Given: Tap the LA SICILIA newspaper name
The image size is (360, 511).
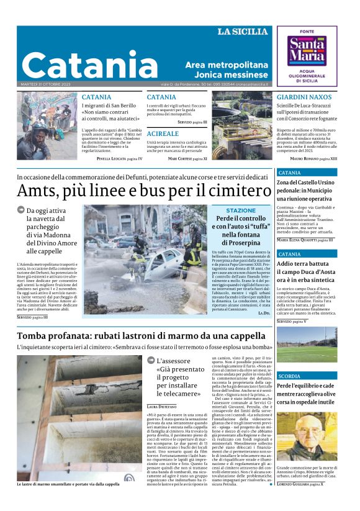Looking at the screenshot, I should tap(243, 32).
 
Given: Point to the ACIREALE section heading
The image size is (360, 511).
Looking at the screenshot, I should tap(163, 133).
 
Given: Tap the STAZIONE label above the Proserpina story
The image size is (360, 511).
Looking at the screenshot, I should tap(241, 210).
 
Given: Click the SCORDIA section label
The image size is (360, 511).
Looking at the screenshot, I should tap(290, 376).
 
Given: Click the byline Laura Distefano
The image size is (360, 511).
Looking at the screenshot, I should tap(161, 406).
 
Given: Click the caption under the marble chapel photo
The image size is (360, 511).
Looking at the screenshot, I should tap(68, 501).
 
